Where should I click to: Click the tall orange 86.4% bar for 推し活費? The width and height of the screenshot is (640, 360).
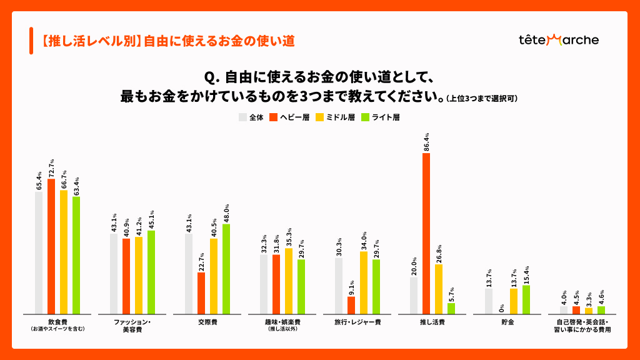[426, 233]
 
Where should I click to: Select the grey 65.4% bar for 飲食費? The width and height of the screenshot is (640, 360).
[39, 252]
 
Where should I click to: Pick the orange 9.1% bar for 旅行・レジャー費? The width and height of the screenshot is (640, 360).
[351, 305]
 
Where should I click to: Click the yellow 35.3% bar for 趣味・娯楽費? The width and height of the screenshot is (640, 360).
[289, 281]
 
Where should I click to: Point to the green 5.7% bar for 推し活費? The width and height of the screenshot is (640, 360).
[451, 308]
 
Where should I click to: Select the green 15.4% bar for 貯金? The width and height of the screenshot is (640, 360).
[526, 299]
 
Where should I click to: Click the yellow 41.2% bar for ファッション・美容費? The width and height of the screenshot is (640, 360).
[139, 275]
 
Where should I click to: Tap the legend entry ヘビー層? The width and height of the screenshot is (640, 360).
[291, 117]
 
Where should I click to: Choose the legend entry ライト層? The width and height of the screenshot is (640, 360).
[382, 117]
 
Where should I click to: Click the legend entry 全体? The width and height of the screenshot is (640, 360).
[252, 117]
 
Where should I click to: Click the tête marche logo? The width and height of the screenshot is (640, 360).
[559, 40]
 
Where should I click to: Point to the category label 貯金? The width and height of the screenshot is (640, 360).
[507, 322]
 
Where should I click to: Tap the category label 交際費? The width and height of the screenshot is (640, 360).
[207, 322]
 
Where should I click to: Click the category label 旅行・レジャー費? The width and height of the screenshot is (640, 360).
[357, 322]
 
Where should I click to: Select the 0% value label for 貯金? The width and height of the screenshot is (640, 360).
[502, 306]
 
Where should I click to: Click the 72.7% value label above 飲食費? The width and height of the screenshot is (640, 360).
[52, 168]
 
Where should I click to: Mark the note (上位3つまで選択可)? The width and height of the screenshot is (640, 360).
[482, 99]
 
